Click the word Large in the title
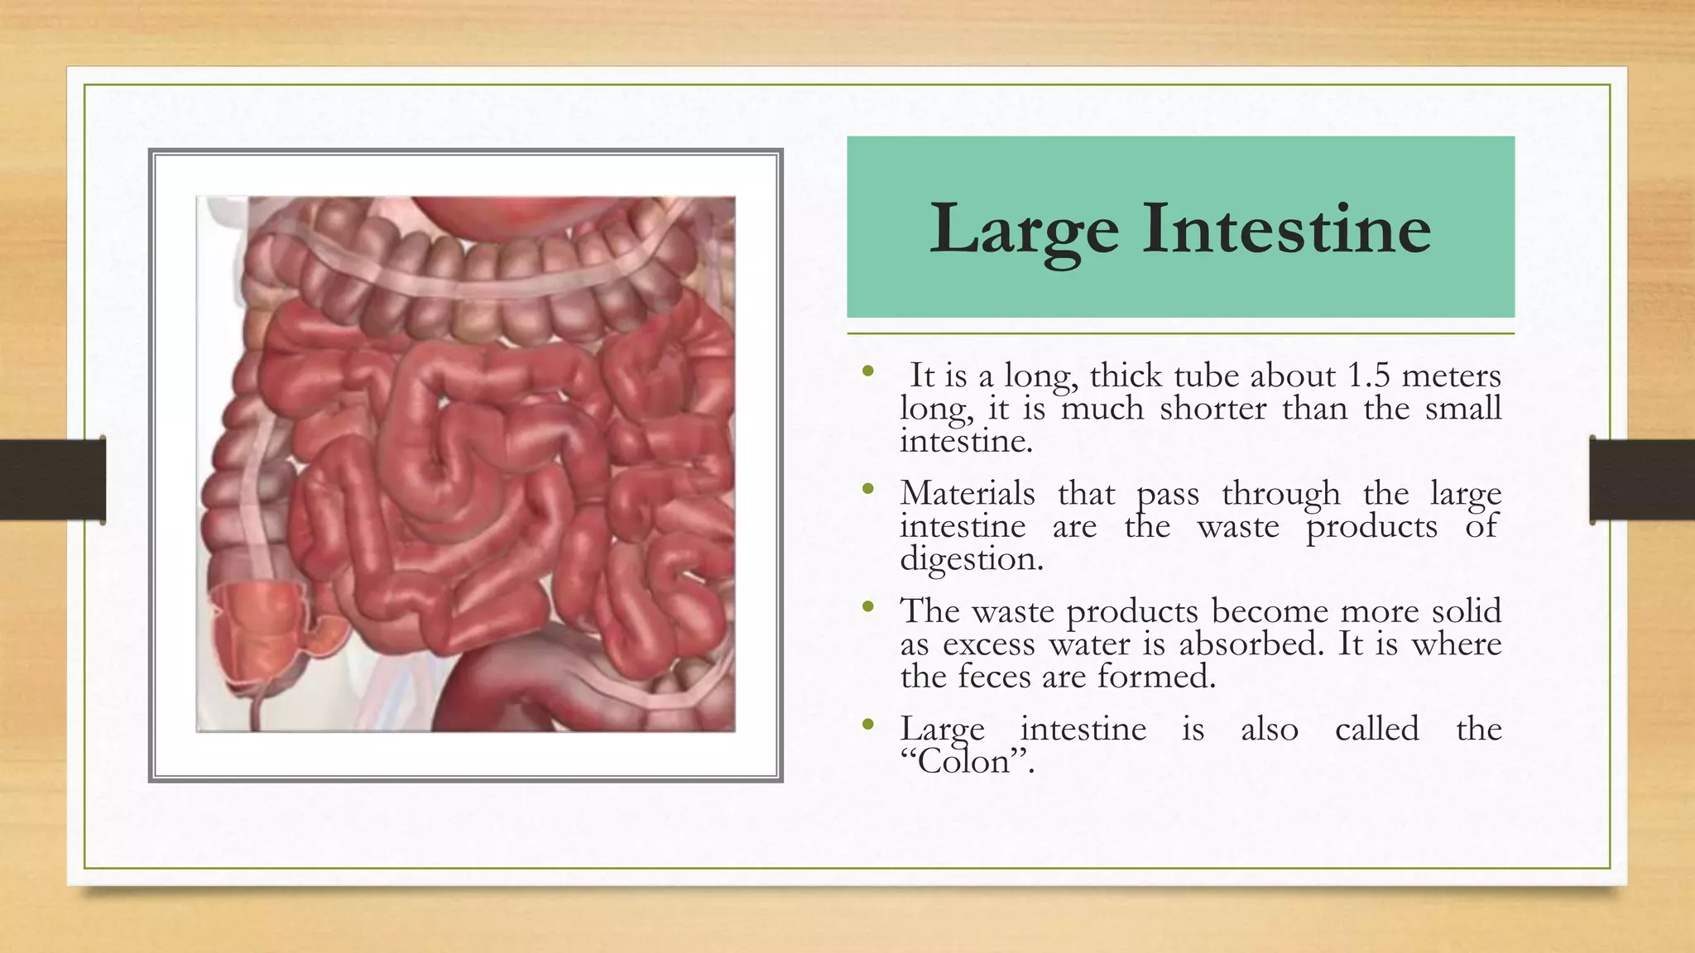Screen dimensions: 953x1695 pyautogui.click(x=1024, y=230)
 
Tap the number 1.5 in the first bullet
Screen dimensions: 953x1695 pyautogui.click(x=1368, y=376)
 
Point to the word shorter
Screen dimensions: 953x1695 pyautogui.click(x=1212, y=409)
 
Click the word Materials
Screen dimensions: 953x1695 pyautogui.click(x=968, y=494)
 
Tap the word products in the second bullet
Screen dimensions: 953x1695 pyautogui.click(x=1371, y=527)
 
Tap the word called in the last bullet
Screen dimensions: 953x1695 pyautogui.click(x=1376, y=730)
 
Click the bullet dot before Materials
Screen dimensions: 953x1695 pyautogui.click(x=867, y=490)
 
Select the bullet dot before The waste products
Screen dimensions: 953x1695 pyautogui.click(x=867, y=608)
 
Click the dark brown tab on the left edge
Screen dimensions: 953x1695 pyautogui.click(x=52, y=480)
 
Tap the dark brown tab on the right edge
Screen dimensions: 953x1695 pyautogui.click(x=1642, y=480)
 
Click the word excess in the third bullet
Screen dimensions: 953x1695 pyautogui.click(x=989, y=644)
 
